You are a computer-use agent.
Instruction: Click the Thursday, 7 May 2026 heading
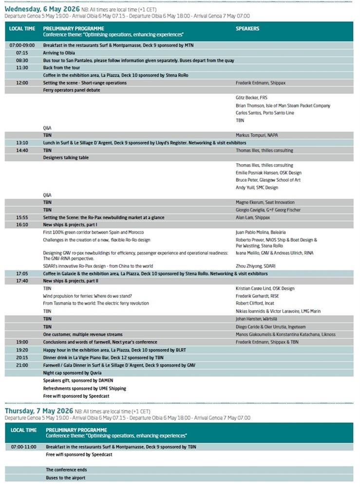[38, 411]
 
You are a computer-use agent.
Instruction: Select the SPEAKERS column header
[247, 29]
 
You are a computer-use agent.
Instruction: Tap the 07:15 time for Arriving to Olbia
[22, 53]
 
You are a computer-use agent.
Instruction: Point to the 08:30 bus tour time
[22, 60]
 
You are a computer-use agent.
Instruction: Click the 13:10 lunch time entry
[22, 143]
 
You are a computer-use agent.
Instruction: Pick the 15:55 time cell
[22, 217]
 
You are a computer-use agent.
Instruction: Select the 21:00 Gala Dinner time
[22, 365]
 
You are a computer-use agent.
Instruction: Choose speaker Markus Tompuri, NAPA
[259, 135]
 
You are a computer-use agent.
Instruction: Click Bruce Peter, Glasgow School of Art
[268, 180]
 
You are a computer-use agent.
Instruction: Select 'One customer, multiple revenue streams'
[82, 335]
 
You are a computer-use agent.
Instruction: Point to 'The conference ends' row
[66, 470]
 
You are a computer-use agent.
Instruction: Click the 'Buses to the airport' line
[66, 478]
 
